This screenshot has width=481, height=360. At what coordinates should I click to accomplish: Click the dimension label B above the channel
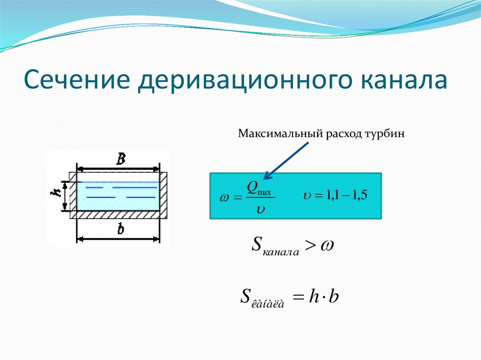pos(120,159)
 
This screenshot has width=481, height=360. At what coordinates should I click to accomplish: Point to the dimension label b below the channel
pos(120,230)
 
